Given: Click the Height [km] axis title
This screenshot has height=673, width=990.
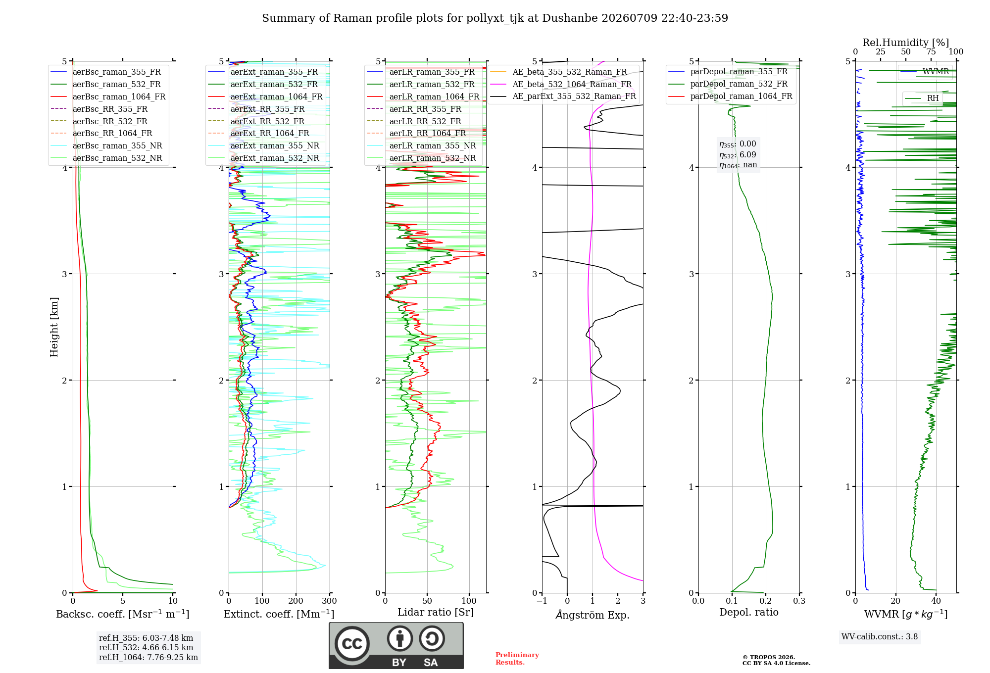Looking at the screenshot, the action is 54,327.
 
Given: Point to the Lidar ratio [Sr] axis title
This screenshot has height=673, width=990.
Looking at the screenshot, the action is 436,612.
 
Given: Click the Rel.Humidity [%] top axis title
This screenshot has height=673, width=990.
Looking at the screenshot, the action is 905,43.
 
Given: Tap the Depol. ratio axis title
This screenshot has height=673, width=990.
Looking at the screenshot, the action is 748,612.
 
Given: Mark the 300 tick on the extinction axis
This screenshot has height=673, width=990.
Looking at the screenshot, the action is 329,601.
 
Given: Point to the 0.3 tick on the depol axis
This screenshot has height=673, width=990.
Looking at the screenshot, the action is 799,601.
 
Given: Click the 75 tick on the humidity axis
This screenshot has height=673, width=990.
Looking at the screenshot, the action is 931,52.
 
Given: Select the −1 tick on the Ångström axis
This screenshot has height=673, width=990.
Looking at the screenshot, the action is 542,601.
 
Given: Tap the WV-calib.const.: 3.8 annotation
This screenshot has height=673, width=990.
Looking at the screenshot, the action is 880,637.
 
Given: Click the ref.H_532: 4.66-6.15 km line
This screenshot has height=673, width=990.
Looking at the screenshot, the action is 146,647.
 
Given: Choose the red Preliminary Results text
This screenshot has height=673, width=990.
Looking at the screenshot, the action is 517,659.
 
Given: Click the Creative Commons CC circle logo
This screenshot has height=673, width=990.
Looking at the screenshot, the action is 352,643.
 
